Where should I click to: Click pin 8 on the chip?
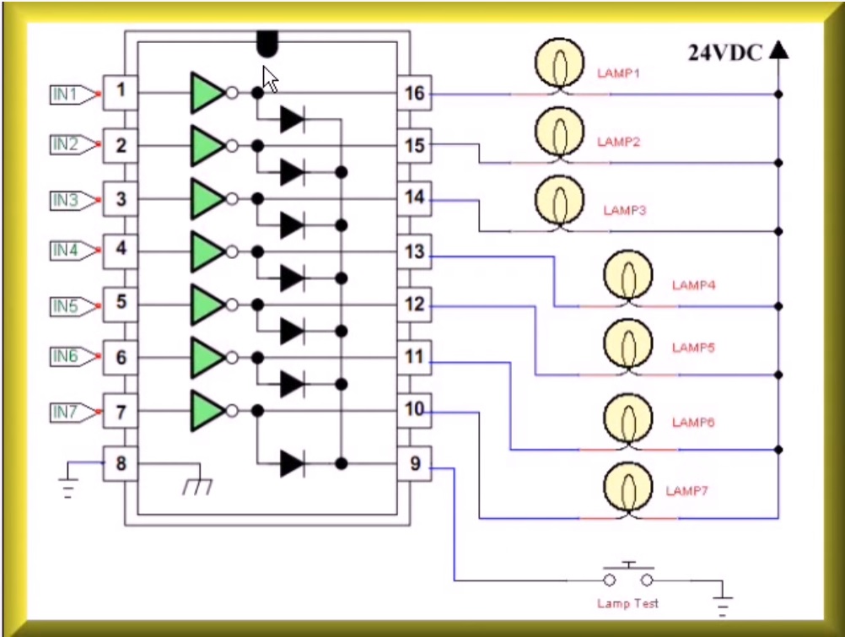click(121, 464)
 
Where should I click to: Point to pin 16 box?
click(414, 93)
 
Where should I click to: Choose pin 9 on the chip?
click(414, 464)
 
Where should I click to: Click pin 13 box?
click(414, 251)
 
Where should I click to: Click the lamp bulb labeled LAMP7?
click(627, 488)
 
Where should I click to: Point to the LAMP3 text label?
click(624, 210)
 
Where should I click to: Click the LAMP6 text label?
click(693, 422)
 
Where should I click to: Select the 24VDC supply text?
click(725, 53)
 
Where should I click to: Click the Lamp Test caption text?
click(627, 603)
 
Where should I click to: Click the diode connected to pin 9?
click(292, 463)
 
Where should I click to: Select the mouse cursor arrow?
click(270, 78)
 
